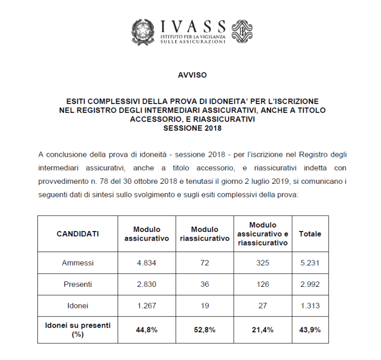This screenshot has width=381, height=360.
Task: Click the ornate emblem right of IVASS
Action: click(x=241, y=31)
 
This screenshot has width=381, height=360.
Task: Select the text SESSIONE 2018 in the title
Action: click(x=192, y=128)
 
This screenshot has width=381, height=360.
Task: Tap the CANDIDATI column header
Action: click(x=78, y=234)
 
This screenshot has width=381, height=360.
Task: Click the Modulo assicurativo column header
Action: click(x=147, y=234)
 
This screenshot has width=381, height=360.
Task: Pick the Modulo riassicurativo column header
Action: click(x=204, y=234)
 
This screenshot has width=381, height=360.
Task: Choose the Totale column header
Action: click(x=309, y=234)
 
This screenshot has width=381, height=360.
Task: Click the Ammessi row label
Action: click(x=78, y=263)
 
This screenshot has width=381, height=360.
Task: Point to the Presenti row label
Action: click(x=78, y=284)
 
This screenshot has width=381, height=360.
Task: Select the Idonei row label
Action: click(x=78, y=305)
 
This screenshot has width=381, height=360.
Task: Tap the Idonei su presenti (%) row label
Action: click(x=78, y=329)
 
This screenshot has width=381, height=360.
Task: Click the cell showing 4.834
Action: click(x=147, y=263)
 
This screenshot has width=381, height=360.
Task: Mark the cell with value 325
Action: click(x=262, y=263)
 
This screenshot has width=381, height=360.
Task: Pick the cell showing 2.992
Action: click(x=309, y=284)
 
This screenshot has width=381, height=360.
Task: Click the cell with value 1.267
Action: click(x=147, y=305)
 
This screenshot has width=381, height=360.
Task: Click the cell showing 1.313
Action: click(x=309, y=305)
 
